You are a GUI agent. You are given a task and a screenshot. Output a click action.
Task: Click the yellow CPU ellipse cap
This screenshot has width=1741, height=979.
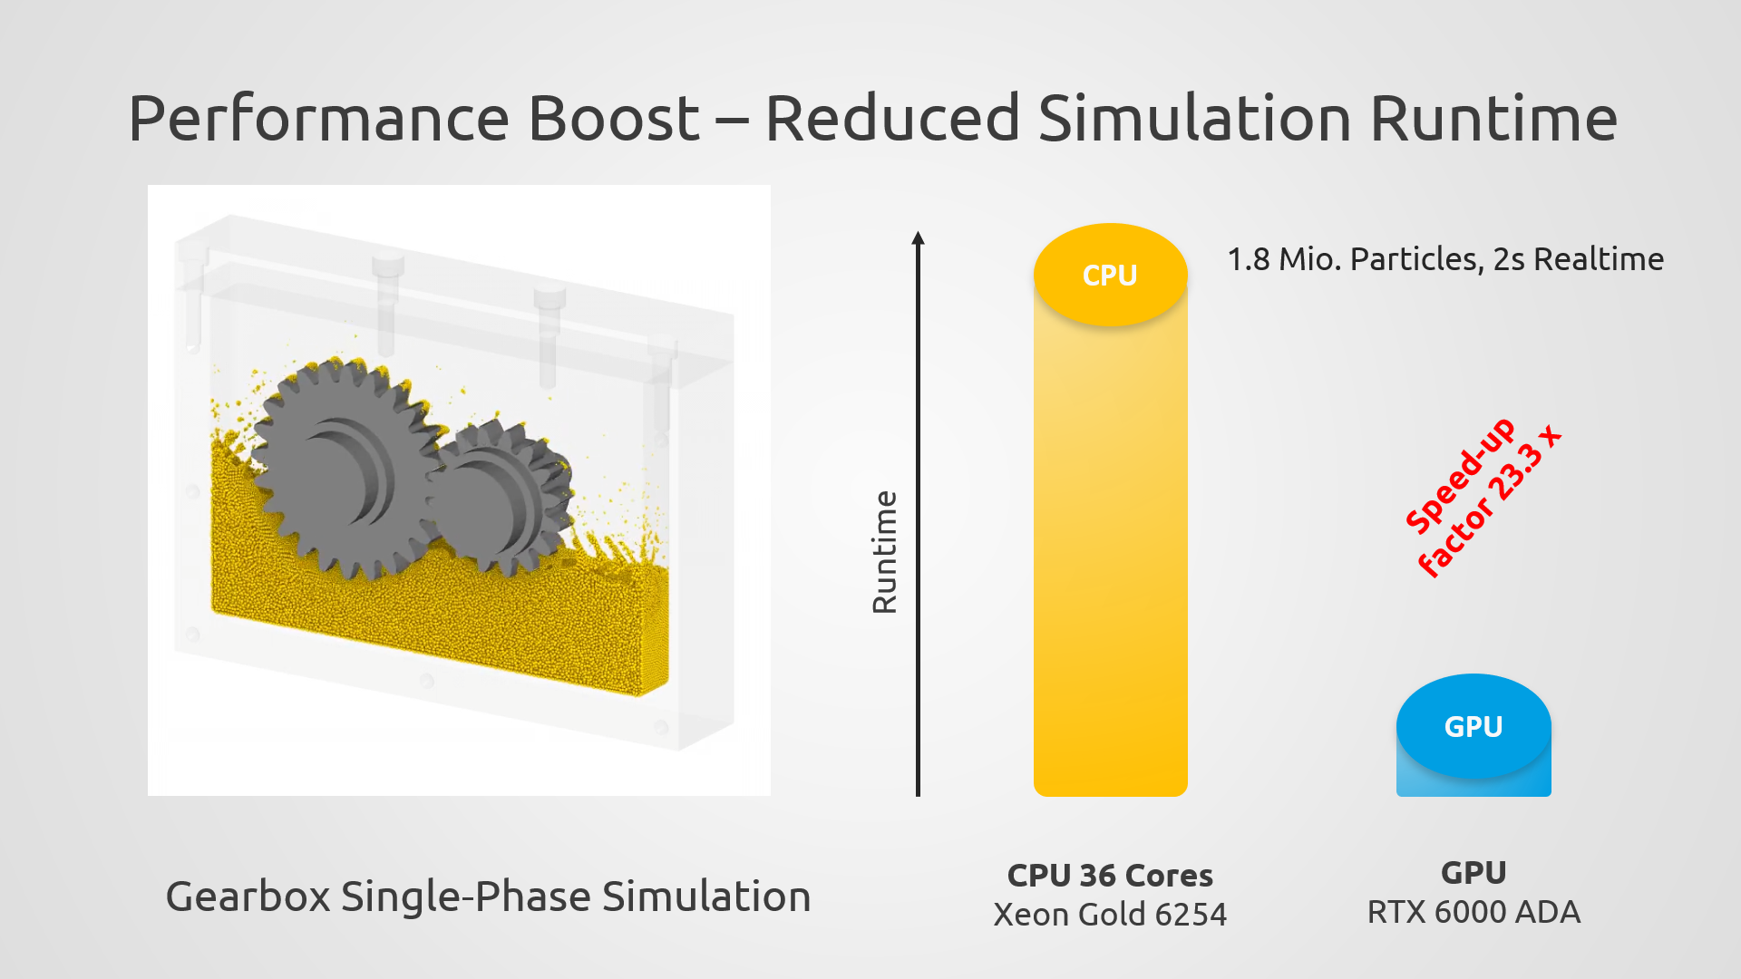[x=1110, y=275]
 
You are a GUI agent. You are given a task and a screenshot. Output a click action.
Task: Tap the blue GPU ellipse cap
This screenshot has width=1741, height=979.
[x=1473, y=726]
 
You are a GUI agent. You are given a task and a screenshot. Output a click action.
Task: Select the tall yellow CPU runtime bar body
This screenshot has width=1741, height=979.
[x=1110, y=562]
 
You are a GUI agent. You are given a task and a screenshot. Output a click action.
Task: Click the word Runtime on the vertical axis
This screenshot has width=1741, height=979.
[x=884, y=552]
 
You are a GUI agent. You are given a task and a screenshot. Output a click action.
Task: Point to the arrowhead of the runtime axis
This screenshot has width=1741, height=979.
[x=918, y=238]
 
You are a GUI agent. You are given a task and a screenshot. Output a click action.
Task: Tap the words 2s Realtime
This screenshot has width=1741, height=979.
[x=1578, y=259]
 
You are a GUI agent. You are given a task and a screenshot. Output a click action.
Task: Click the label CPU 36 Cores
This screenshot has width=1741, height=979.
[x=1110, y=876]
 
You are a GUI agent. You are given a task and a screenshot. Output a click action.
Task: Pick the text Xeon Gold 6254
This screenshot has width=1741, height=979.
[x=1110, y=915]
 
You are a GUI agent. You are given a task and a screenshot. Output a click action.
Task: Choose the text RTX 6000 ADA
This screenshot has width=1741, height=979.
[x=1473, y=912]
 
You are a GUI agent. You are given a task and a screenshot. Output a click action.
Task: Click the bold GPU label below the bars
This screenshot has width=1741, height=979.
[x=1473, y=873]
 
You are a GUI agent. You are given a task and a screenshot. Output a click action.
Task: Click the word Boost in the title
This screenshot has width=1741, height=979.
[x=613, y=119]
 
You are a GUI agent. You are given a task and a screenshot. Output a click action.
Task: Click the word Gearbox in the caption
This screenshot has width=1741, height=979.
[x=248, y=897]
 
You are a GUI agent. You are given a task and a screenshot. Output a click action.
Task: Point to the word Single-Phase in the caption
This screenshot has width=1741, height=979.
[x=465, y=897]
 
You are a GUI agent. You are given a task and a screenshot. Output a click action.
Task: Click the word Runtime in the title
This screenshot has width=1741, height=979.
[x=1493, y=119]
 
